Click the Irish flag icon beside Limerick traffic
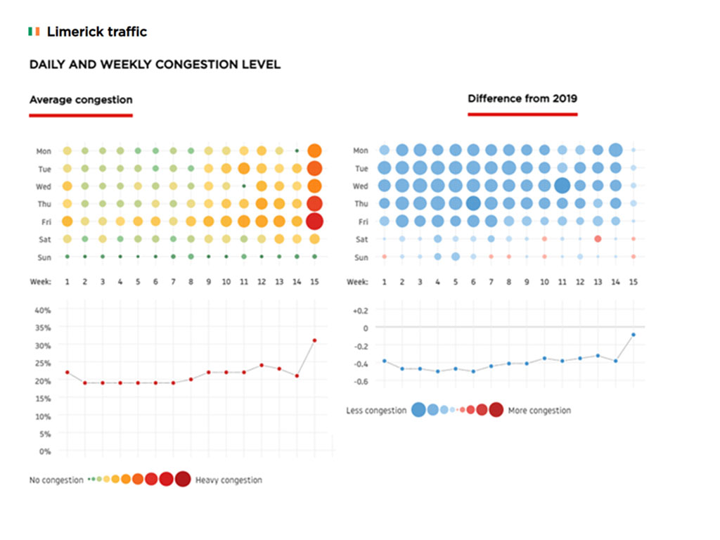[x=34, y=32]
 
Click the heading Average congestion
[x=81, y=100]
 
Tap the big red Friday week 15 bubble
[x=314, y=221]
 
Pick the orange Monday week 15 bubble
[x=314, y=150]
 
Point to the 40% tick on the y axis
[x=43, y=310]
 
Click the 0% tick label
[x=45, y=451]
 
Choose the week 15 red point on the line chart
[x=314, y=340]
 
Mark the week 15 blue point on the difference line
[x=634, y=335]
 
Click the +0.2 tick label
[x=359, y=310]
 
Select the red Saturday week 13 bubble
[x=598, y=239]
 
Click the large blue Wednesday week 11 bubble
[x=562, y=186]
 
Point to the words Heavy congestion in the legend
[x=229, y=480]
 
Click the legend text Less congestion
[x=376, y=411]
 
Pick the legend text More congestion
[x=539, y=411]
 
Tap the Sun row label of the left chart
[x=44, y=257]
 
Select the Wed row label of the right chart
[x=360, y=186]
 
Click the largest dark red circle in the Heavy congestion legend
[x=183, y=480]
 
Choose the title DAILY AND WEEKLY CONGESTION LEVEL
[x=155, y=65]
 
